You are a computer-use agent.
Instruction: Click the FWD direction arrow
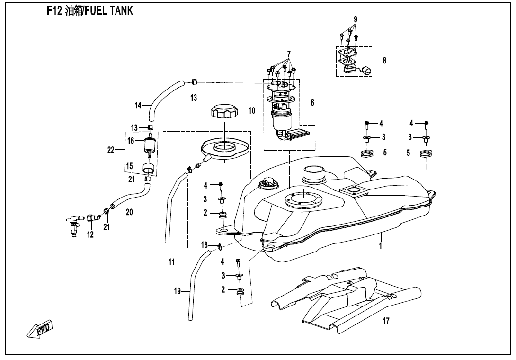pyautogui.click(x=40, y=329)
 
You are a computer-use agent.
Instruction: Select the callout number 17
pyautogui.click(x=386, y=321)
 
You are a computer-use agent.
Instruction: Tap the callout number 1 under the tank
pyautogui.click(x=380, y=246)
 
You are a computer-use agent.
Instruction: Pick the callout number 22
pyautogui.click(x=111, y=150)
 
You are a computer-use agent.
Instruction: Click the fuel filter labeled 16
pyautogui.click(x=151, y=143)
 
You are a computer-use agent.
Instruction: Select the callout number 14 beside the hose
pyautogui.click(x=138, y=106)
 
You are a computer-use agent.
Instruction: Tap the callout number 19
pyautogui.click(x=177, y=292)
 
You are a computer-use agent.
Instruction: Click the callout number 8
pyautogui.click(x=384, y=61)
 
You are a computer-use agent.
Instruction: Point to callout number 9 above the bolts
pyautogui.click(x=355, y=19)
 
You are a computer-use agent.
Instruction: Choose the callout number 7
pyautogui.click(x=289, y=54)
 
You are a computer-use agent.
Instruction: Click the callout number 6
pyautogui.click(x=312, y=102)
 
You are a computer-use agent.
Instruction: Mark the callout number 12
pyautogui.click(x=90, y=234)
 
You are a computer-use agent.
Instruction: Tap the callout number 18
pyautogui.click(x=204, y=245)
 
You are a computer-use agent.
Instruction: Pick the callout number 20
pyautogui.click(x=129, y=212)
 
